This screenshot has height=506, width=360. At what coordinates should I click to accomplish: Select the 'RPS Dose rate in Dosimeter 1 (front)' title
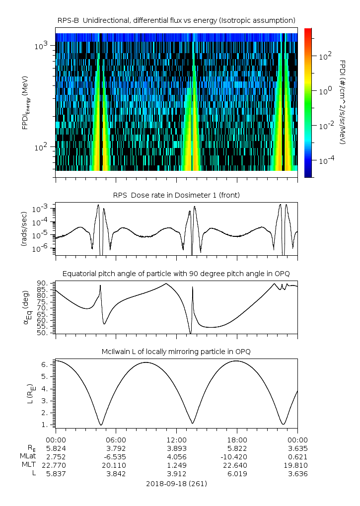pyautogui.click(x=176, y=195)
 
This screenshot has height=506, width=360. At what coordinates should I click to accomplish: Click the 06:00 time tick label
pyautogui.click(x=116, y=440)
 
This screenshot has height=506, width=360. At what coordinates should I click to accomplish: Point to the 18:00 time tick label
pyautogui.click(x=237, y=440)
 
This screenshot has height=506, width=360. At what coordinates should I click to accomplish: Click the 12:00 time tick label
pyautogui.click(x=176, y=440)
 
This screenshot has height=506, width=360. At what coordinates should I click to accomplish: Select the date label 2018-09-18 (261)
pyautogui.click(x=176, y=483)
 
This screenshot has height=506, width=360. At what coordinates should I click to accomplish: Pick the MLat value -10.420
pyautogui.click(x=237, y=456)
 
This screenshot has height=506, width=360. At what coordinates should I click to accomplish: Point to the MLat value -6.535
pyautogui.click(x=116, y=456)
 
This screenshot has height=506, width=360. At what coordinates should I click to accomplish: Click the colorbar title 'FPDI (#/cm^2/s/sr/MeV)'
pyautogui.click(x=343, y=102)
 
